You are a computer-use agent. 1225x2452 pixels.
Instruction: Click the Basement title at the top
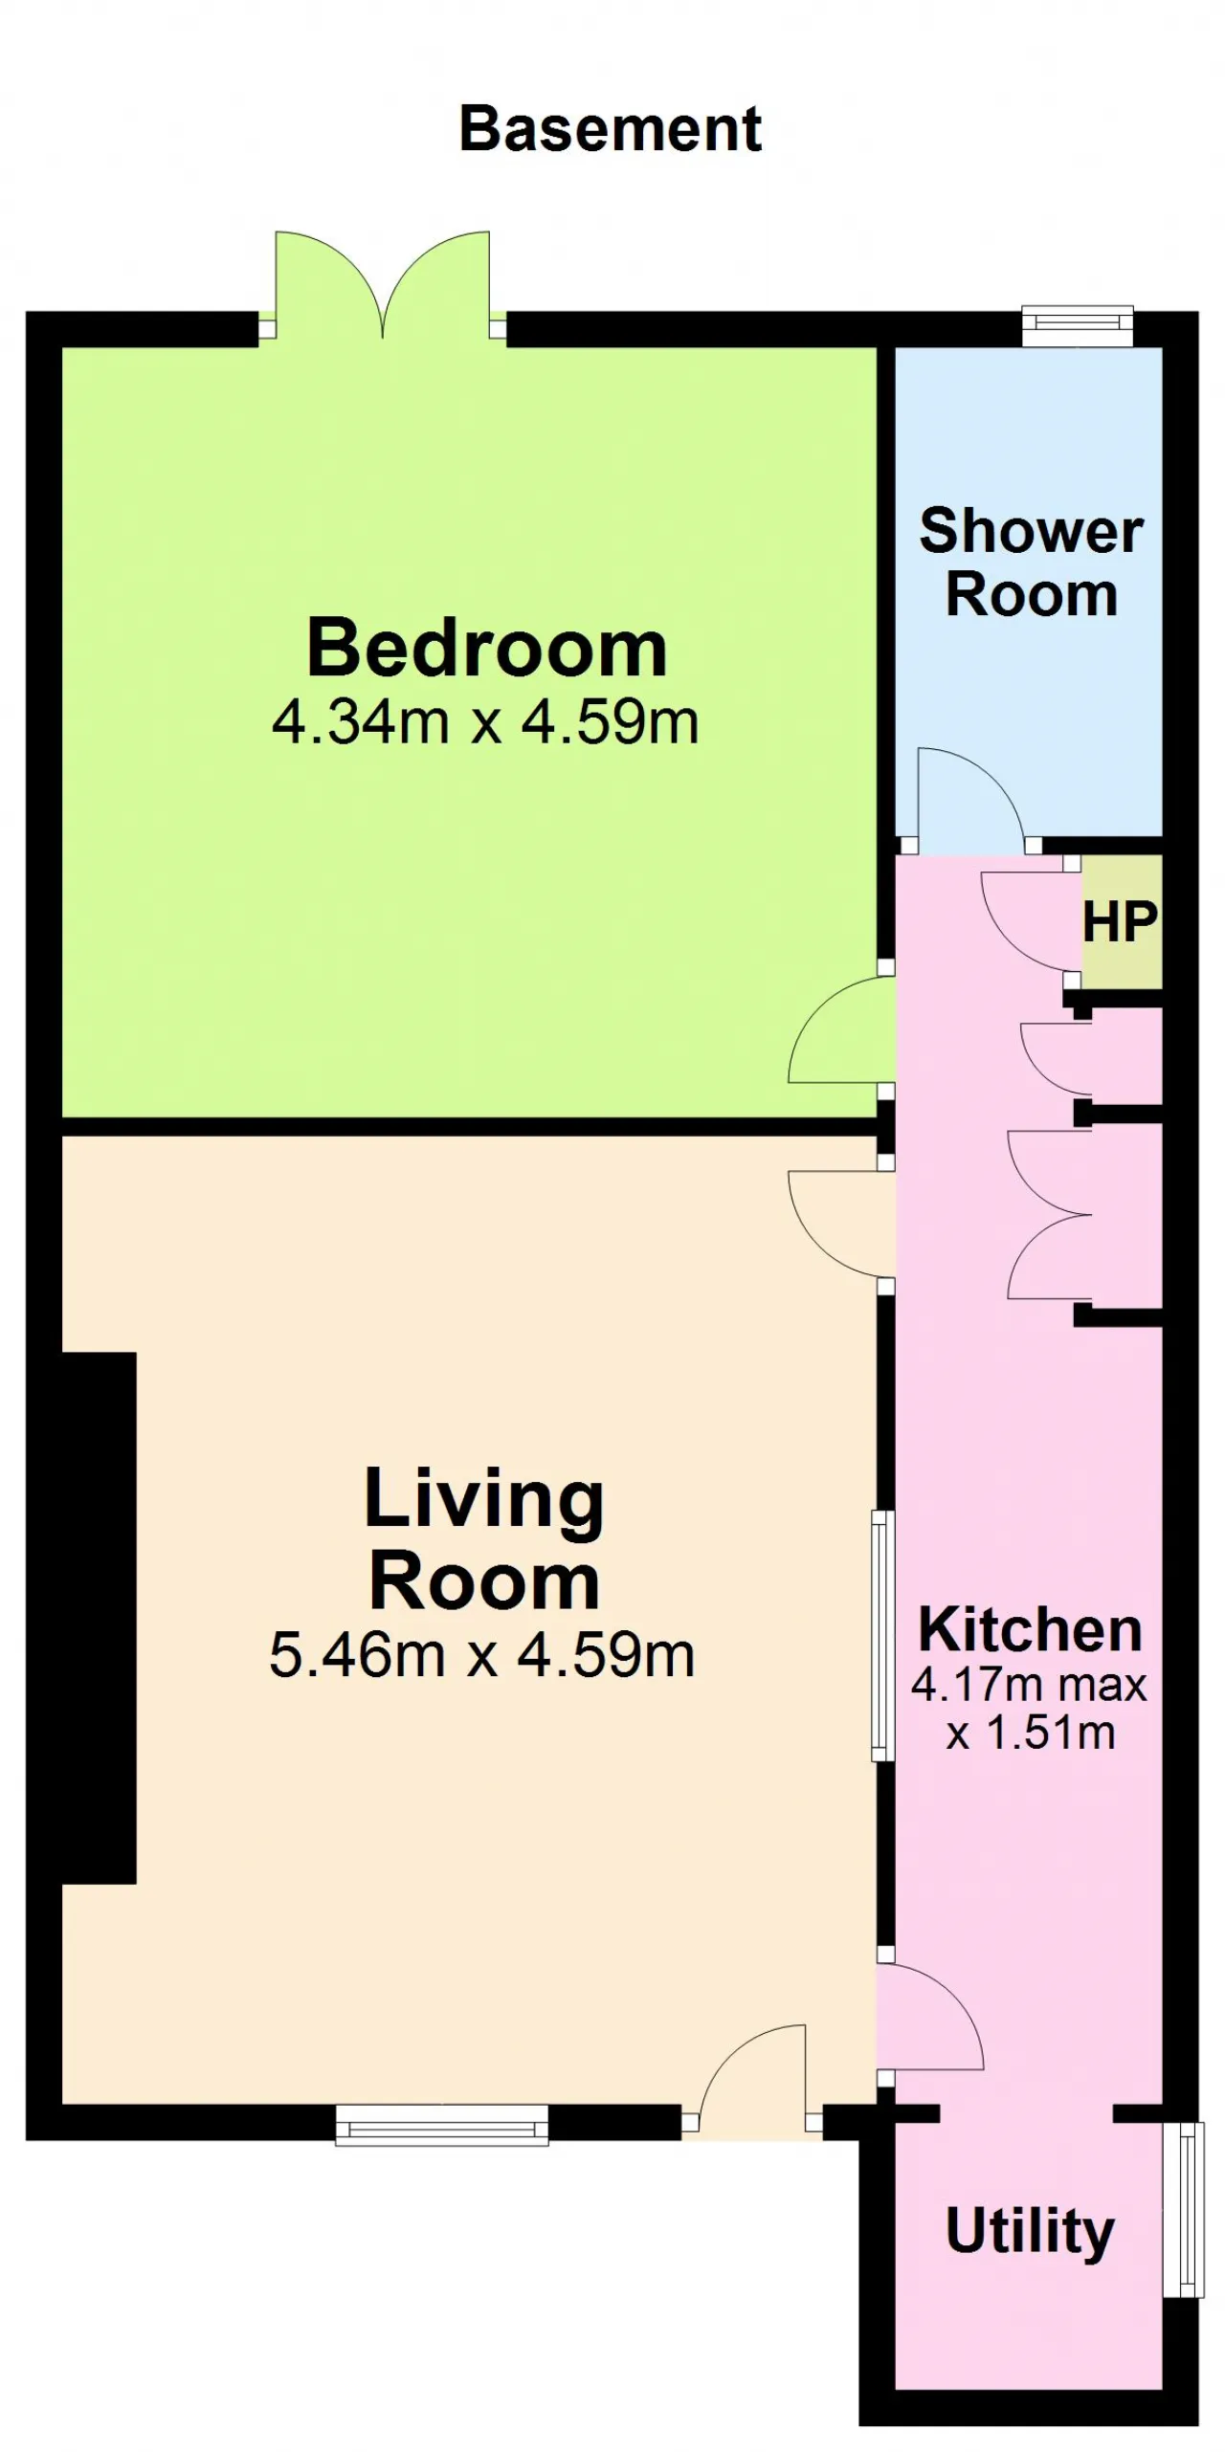coord(611,129)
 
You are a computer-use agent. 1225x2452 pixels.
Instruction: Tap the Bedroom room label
coord(486,649)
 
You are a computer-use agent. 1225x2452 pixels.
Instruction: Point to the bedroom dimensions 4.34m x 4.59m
coord(485,722)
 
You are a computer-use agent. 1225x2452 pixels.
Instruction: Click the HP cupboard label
coord(1120,921)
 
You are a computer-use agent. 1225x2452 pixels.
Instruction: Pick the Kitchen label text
coord(1031,1630)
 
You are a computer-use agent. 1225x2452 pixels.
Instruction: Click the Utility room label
coord(1030,2232)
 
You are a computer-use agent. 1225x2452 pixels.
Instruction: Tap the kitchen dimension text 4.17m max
coord(1029,1685)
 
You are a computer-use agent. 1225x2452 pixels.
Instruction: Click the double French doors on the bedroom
coord(383,284)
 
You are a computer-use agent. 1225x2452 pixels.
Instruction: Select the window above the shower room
coord(1078,325)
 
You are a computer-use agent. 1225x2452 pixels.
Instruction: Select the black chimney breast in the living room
coord(100,1618)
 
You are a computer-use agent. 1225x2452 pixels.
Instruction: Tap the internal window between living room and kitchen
coord(882,1634)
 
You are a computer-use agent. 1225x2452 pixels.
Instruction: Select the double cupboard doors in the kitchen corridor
coord(1049,1216)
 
